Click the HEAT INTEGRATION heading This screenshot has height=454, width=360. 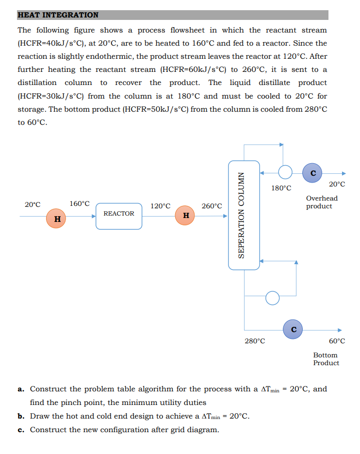point(58,15)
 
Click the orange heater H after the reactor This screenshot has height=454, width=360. point(186,215)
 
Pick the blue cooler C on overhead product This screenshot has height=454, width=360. point(313,173)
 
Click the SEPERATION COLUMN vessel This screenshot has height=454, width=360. point(244,215)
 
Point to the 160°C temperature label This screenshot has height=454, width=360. point(80,203)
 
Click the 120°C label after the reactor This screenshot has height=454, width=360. point(161,206)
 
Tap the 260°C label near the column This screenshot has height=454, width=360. point(212,206)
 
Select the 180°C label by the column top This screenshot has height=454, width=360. point(281,188)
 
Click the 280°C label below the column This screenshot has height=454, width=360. point(255,341)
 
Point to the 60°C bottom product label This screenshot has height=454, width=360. point(337,341)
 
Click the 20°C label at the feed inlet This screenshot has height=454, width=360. point(33,204)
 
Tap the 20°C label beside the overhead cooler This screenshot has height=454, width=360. point(337,184)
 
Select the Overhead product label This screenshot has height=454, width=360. point(322,202)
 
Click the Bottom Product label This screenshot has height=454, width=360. point(326,359)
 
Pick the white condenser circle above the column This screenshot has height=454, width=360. point(285,172)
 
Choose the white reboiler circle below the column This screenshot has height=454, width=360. point(273,297)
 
